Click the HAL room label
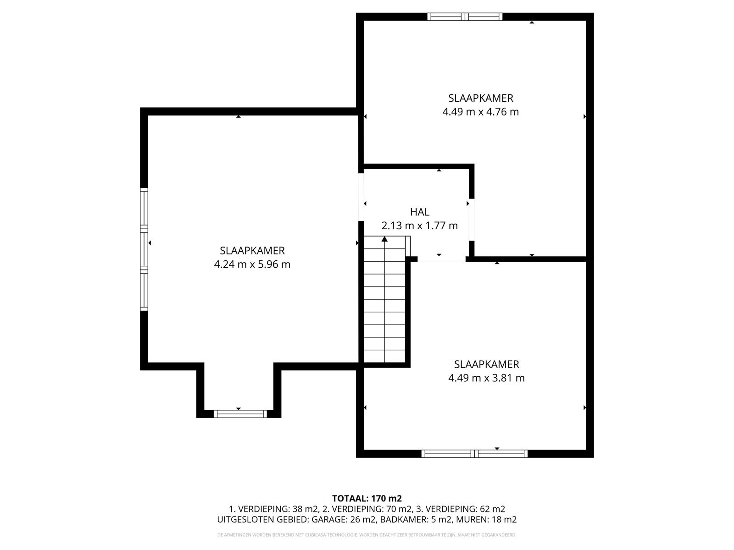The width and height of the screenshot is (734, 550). [x=419, y=212]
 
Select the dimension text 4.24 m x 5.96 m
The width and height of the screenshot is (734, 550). [x=252, y=264]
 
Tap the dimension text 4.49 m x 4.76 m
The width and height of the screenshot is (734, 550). [x=480, y=112]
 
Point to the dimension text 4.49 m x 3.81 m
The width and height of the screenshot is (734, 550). [x=486, y=378]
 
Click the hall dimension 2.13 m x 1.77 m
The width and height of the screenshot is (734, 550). [x=419, y=226]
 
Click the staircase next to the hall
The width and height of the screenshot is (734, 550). [x=384, y=299]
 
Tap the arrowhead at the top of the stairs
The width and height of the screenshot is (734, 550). [x=384, y=239]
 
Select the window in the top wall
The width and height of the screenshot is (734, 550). [x=465, y=16]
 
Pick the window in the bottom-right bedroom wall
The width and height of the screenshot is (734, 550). [x=474, y=453]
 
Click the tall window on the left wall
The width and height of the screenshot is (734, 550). [x=144, y=249]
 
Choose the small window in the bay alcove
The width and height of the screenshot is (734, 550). [x=240, y=414]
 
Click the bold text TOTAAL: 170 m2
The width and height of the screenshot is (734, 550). [x=367, y=499]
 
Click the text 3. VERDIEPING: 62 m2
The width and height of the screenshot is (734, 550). [x=461, y=509]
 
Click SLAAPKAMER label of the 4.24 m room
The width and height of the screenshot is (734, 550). [x=252, y=251]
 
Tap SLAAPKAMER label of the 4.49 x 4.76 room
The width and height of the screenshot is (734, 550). [x=480, y=98]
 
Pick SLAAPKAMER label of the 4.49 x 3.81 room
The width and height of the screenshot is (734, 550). [x=486, y=364]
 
